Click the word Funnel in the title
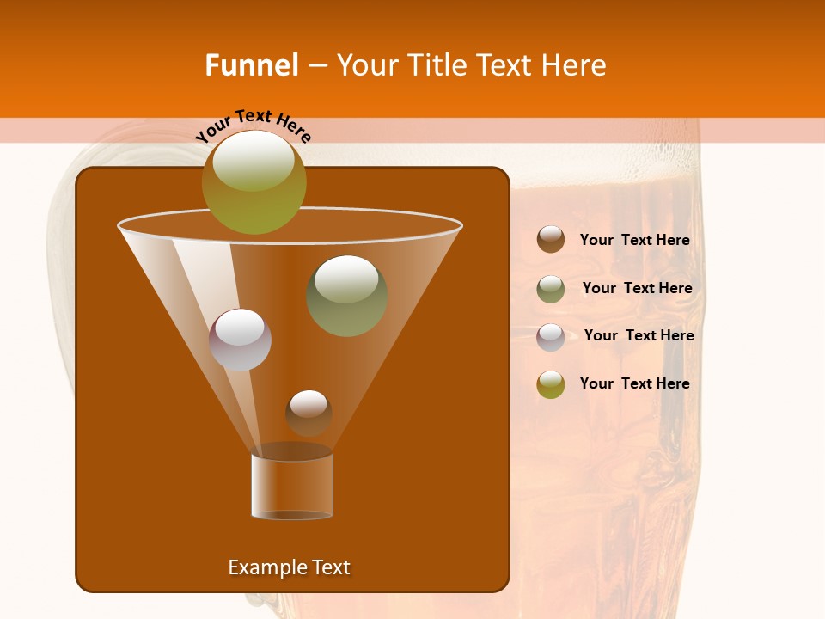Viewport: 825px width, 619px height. click(x=251, y=65)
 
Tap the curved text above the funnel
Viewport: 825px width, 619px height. click(x=254, y=126)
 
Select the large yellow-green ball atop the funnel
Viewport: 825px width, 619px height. click(x=254, y=181)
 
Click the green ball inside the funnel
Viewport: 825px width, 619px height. click(x=346, y=295)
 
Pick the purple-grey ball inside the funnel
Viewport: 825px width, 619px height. click(x=240, y=340)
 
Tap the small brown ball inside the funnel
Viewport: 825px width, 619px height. click(x=309, y=413)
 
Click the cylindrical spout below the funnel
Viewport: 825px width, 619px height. click(x=291, y=486)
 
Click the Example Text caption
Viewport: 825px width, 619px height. click(x=289, y=567)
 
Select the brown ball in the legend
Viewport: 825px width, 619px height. click(x=551, y=240)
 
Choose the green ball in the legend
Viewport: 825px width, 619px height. click(x=551, y=288)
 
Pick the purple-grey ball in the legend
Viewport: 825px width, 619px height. click(x=551, y=336)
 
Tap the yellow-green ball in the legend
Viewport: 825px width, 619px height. click(x=551, y=384)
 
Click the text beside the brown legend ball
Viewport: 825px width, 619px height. click(x=634, y=241)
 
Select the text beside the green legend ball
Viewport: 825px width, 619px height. click(x=637, y=289)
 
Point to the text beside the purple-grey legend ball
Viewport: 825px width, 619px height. click(x=639, y=336)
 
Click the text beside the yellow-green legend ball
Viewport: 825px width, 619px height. click(x=634, y=383)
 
